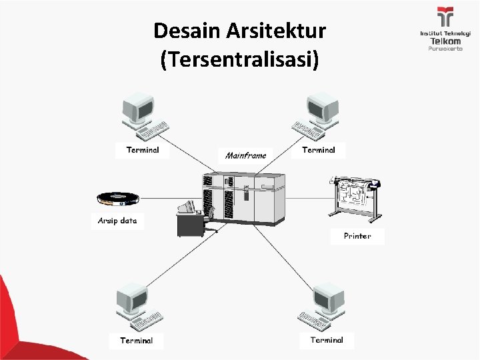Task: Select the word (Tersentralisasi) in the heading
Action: [240, 60]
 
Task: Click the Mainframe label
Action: [245, 155]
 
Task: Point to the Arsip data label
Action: [117, 221]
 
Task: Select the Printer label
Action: [357, 236]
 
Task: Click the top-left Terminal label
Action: [143, 150]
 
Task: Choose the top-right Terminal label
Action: [319, 150]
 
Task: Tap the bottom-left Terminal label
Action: [137, 341]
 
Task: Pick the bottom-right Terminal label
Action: [327, 340]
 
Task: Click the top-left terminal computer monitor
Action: [139, 107]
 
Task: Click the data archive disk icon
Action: [117, 197]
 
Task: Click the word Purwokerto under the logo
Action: [445, 49]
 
